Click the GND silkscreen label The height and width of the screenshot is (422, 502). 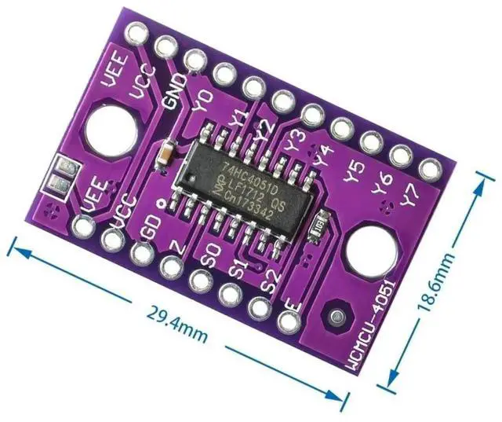173,90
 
